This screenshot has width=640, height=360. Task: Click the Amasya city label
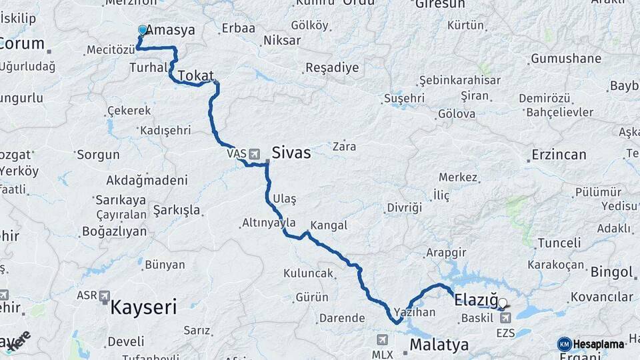point(171,30)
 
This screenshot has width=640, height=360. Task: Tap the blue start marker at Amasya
point(142,30)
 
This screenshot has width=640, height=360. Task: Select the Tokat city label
point(195,75)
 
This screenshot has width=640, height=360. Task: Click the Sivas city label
point(291,153)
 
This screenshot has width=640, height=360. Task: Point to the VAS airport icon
point(254,154)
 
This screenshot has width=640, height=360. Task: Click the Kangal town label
point(329,225)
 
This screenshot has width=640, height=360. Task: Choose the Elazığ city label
point(475,301)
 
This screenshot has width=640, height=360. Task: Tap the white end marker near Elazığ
point(503,303)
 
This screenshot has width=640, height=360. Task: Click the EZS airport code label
point(505,332)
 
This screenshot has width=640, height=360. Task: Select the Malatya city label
point(439,345)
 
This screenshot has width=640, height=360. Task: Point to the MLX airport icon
point(382,339)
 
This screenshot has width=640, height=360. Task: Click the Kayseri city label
point(143,307)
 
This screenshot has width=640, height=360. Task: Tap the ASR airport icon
point(105,295)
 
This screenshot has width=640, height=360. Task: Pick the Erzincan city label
point(559,155)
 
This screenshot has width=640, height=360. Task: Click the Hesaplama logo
point(591,344)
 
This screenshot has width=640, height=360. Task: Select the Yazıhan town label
point(415,312)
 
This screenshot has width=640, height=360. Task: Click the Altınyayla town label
point(269,223)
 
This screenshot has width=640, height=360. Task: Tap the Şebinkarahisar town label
point(459,80)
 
